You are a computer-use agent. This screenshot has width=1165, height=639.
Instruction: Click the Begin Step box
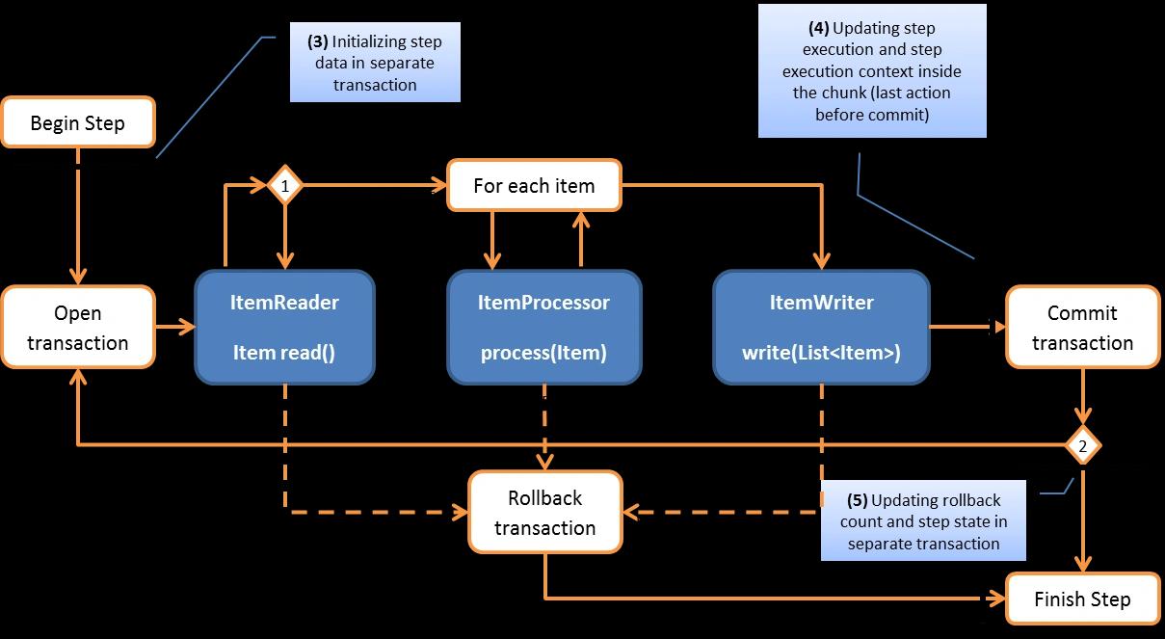tap(77, 122)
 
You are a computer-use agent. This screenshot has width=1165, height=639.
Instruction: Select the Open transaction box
tap(77, 328)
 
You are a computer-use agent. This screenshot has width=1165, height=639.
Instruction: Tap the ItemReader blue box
tap(284, 327)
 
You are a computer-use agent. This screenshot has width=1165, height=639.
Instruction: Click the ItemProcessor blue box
tap(543, 327)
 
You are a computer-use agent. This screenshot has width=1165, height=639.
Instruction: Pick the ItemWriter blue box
tap(821, 327)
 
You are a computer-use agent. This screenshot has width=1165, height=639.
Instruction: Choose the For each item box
tap(534, 185)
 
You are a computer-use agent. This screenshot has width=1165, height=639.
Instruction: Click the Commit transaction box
tap(1082, 328)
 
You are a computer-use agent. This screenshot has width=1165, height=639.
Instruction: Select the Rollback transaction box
tap(544, 513)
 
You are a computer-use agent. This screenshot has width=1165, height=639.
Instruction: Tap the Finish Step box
tap(1082, 599)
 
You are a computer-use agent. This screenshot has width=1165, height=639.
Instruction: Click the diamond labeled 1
tap(285, 184)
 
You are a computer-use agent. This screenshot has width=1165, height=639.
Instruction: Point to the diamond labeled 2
tap(1082, 446)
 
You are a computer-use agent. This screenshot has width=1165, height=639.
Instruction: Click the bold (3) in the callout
tap(318, 43)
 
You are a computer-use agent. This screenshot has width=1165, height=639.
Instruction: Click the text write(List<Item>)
tap(821, 353)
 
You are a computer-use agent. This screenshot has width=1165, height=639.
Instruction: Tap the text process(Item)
tap(543, 353)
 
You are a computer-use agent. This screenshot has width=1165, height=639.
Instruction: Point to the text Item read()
tap(284, 353)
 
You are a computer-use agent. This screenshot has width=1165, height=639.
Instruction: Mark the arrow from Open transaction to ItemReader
tap(174, 328)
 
